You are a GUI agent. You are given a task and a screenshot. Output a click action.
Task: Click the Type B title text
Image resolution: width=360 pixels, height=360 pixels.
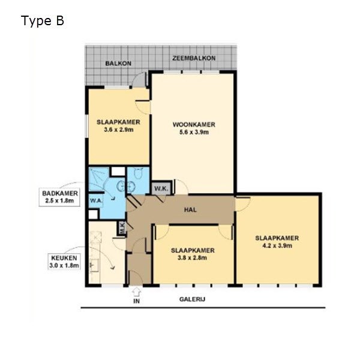coord(42,21)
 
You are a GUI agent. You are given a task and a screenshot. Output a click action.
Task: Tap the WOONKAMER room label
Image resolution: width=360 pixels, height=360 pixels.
coord(194,125)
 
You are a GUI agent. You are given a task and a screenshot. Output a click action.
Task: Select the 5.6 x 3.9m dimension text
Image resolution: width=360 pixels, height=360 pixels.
coord(194,132)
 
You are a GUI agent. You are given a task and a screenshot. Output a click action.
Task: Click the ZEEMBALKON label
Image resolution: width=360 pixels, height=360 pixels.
coord(194,58)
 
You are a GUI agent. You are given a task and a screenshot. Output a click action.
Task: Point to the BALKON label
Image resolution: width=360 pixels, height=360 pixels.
coord(118,64)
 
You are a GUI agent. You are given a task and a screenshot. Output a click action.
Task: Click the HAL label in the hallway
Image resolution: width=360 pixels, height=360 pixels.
coord(190,209)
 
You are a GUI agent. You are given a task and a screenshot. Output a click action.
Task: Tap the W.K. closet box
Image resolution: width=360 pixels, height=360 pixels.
coord(161,188)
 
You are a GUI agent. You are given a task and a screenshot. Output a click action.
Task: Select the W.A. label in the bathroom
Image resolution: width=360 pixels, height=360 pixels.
coord(96,200)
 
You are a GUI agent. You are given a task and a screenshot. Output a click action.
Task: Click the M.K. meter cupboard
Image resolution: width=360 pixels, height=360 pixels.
coord(122,228)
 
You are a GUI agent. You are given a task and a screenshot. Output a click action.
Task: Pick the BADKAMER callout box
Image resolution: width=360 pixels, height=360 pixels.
coord(59,197)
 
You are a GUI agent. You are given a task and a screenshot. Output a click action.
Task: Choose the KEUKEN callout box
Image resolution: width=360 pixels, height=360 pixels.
coord(64,262)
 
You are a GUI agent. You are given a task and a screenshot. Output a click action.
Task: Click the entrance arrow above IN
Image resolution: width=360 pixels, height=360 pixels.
coord(136,292)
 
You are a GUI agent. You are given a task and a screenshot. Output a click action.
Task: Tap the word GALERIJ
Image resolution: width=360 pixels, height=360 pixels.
coord(192,299)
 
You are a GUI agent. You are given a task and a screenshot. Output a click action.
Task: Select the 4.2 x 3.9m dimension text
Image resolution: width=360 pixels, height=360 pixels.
coord(277,245)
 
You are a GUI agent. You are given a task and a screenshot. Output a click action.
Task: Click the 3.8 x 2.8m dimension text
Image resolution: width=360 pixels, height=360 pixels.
coord(193,258)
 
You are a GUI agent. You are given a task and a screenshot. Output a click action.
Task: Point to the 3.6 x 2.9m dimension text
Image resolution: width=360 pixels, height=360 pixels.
coord(118,130)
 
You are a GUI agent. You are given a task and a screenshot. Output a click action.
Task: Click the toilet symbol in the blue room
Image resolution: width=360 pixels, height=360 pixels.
coord(139,173)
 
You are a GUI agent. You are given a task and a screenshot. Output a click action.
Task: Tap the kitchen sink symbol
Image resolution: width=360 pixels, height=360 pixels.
coord(94,266)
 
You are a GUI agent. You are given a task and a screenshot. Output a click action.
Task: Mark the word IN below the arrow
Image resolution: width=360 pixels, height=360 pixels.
coord(136,301)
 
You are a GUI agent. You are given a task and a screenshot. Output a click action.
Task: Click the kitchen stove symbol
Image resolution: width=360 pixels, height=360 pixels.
coord(96,237)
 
